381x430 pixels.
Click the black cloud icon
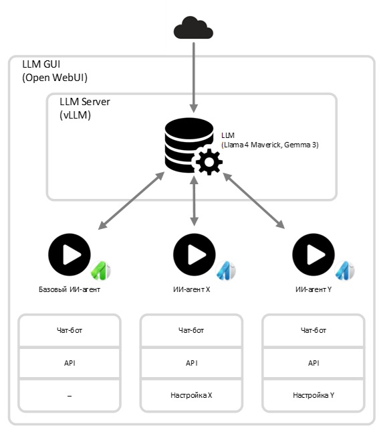(193, 27)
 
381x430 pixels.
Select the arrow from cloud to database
(194, 77)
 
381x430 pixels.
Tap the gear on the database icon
(209, 162)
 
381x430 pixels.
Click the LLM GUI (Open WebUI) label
(55, 71)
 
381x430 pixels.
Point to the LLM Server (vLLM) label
(85, 109)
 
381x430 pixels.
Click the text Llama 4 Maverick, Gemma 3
(270, 145)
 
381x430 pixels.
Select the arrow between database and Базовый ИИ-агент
(131, 201)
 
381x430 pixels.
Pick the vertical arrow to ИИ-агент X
(194, 201)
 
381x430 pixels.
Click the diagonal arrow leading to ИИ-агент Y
(254, 201)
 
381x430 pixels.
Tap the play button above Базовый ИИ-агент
(70, 255)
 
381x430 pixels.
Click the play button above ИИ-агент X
(195, 255)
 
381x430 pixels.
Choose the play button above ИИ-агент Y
(313, 255)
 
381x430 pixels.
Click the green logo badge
(100, 271)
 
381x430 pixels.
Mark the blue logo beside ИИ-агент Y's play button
(344, 271)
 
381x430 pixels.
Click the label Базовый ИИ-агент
(70, 289)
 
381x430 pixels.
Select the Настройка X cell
(191, 395)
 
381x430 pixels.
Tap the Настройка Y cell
(313, 395)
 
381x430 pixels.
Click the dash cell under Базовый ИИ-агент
(70, 395)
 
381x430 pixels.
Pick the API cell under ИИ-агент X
(191, 363)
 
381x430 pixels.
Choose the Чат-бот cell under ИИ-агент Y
(313, 330)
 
